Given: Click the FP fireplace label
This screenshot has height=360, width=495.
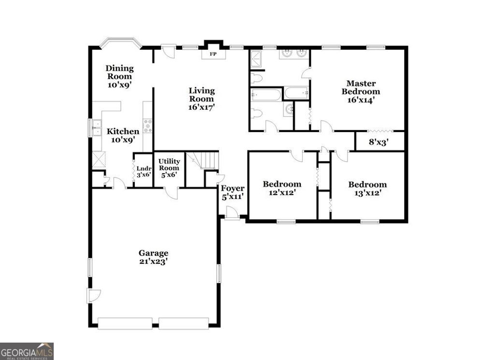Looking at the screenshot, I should click(x=213, y=54).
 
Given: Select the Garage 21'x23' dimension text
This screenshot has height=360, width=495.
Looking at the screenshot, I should click(x=154, y=261).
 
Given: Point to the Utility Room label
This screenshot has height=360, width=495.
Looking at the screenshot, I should click(x=169, y=165).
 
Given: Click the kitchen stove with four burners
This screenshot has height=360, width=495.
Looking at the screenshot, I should click(x=147, y=125).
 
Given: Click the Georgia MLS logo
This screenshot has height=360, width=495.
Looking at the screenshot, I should click(x=27, y=351).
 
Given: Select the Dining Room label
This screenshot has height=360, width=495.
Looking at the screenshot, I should click(x=119, y=72).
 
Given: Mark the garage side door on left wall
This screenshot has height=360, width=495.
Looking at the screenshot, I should click(x=93, y=295).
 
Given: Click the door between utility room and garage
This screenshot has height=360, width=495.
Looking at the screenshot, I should click(x=171, y=193).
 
